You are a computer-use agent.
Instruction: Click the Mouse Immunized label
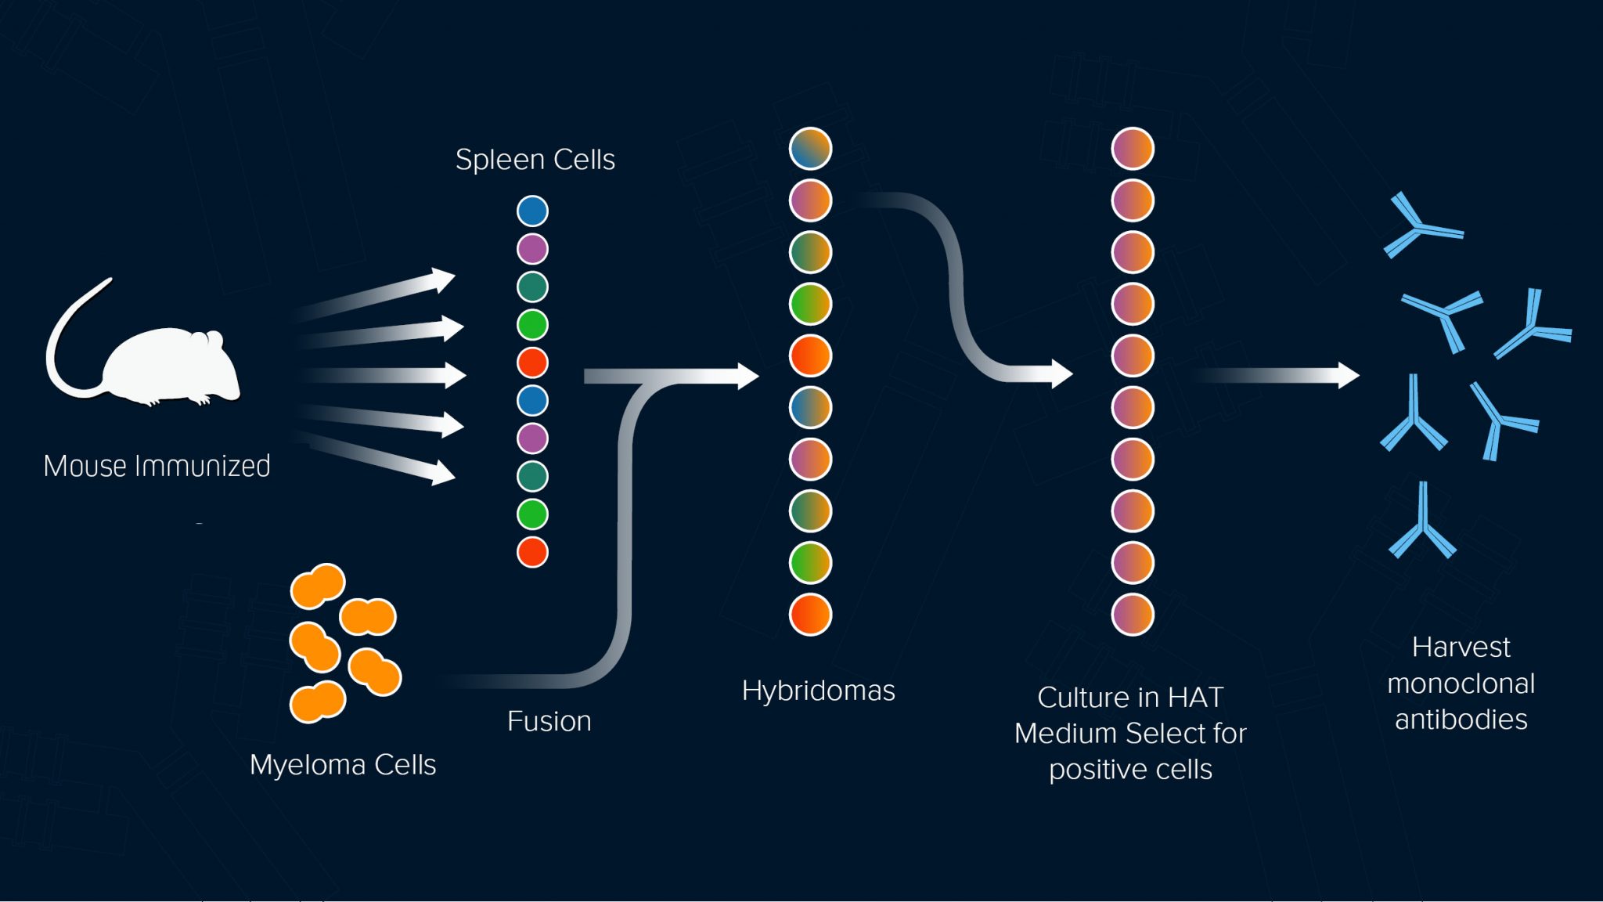click(157, 466)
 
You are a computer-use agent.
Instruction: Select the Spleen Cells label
click(535, 160)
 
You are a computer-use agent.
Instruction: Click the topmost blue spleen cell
click(532, 211)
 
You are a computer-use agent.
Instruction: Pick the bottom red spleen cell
click(532, 552)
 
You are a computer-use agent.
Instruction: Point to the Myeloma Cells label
click(342, 765)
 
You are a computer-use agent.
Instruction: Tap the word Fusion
click(549, 721)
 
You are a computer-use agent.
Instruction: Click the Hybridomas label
click(818, 691)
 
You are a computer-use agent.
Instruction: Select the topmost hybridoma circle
click(810, 149)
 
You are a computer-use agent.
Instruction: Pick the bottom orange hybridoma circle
click(810, 615)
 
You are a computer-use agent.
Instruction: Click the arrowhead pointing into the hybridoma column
click(747, 376)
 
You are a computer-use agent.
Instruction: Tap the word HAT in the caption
click(1195, 697)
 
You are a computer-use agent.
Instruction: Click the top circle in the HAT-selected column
click(1133, 149)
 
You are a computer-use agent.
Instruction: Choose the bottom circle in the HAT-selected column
click(1133, 615)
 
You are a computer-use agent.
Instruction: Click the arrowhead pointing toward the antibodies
click(1347, 376)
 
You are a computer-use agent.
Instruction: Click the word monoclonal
click(1461, 684)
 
